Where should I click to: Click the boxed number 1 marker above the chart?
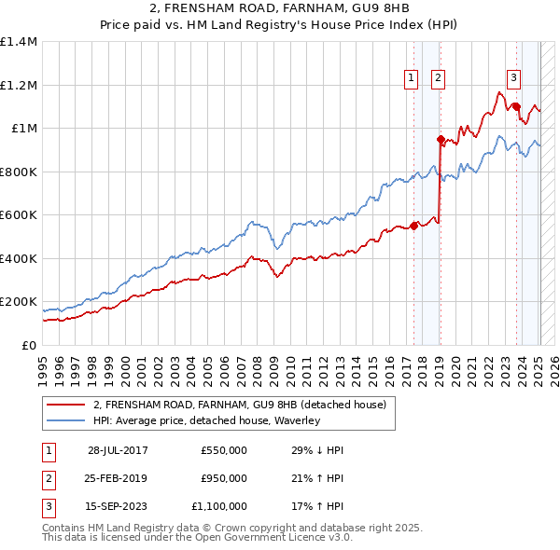point(411,78)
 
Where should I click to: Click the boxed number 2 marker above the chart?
point(438,78)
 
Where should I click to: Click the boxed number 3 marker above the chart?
point(513,78)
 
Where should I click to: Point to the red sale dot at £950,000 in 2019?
point(441,139)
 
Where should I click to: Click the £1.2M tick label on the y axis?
point(19,85)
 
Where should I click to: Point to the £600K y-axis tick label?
point(19,214)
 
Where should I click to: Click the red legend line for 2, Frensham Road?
point(64,404)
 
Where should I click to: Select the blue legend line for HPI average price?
point(64,420)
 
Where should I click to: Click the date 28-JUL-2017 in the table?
point(118,450)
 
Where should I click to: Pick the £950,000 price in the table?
point(223,478)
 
